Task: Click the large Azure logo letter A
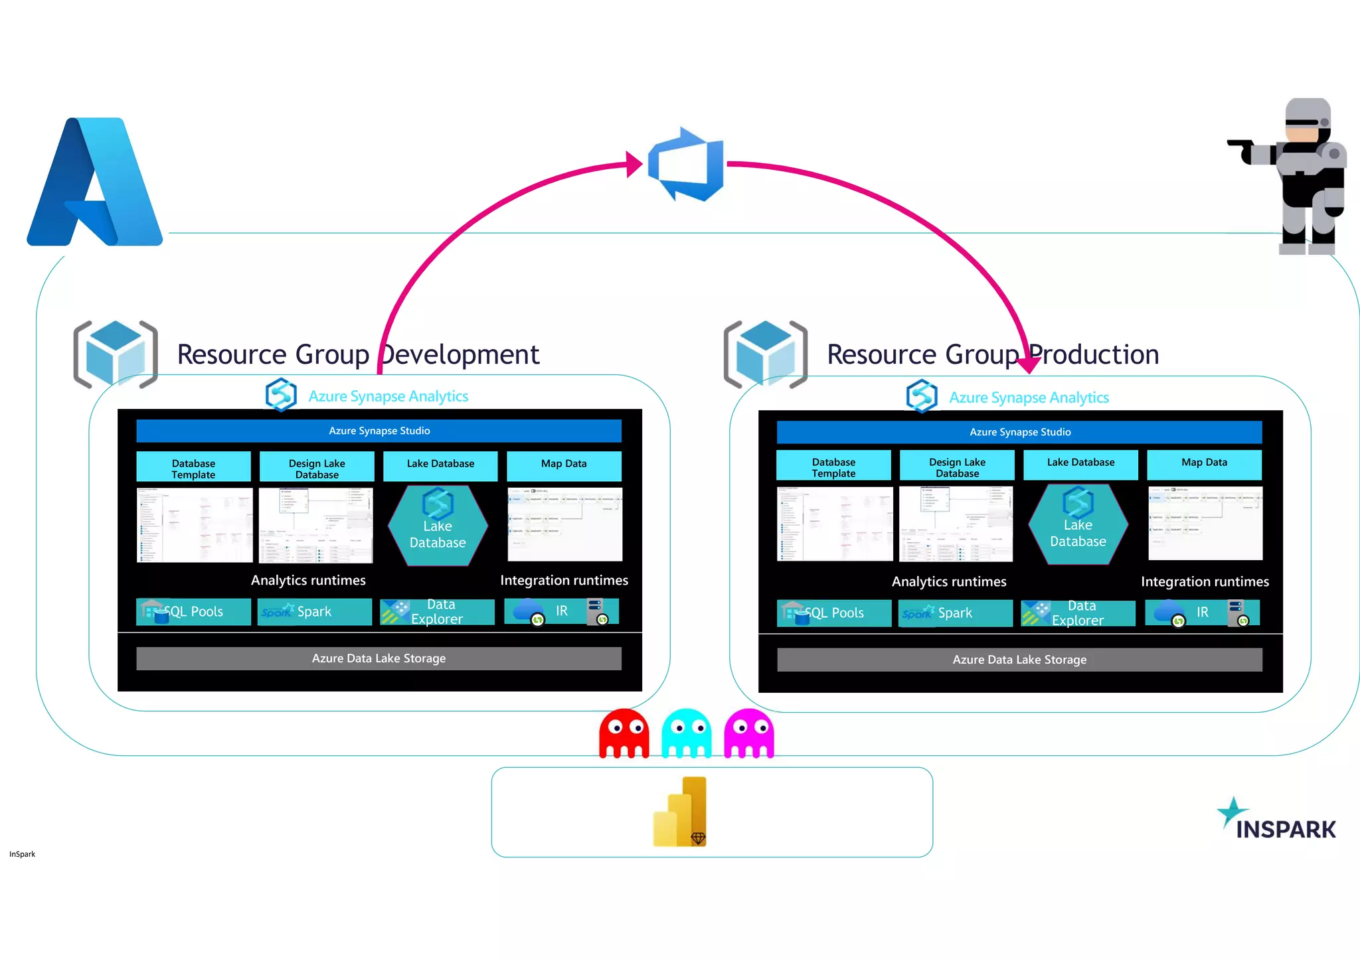coord(95,183)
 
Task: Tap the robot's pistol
coord(1243,149)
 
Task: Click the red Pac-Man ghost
coord(624,733)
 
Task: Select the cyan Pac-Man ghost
coord(687,733)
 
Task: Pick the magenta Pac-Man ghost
coord(749,733)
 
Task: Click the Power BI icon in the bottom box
coord(681,812)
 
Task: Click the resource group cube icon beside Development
coord(116,354)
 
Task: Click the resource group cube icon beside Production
coord(766,354)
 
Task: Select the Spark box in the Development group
coord(314,611)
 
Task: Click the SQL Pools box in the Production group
coord(834,613)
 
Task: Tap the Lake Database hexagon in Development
coord(438,526)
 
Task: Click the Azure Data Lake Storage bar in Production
coord(1019,660)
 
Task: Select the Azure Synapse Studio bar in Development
coord(379,431)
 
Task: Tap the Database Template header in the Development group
coord(193,467)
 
